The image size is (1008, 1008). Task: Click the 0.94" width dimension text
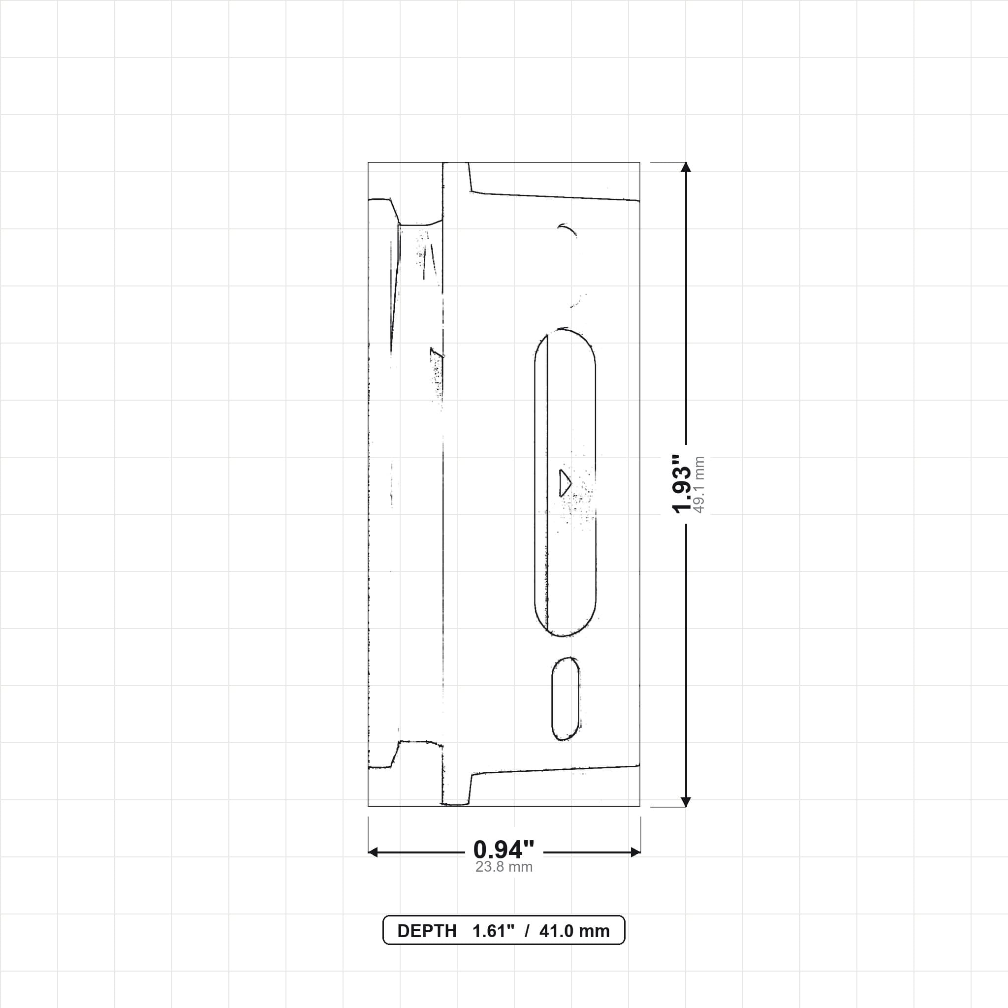(504, 850)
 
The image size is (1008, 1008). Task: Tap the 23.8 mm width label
(504, 867)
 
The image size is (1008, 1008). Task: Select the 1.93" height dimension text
(681, 484)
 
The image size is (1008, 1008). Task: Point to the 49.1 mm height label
(698, 485)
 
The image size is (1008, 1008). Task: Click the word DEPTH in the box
(427, 931)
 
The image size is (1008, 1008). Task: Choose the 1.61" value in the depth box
(493, 931)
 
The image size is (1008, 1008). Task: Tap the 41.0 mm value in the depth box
(574, 931)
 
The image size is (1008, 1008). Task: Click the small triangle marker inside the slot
(565, 483)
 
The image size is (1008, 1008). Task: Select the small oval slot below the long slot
(566, 698)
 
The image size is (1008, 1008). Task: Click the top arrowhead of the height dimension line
(686, 167)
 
